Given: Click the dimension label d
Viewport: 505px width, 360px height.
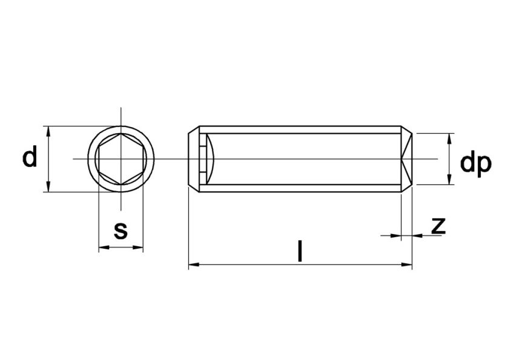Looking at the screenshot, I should point(30,158).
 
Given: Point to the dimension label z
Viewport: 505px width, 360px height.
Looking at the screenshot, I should point(438,226).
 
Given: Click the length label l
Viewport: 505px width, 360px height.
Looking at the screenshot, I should point(299,251).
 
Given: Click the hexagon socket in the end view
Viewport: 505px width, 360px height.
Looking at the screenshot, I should point(121,159).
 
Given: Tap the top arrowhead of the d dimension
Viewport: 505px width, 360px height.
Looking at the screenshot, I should point(47,131).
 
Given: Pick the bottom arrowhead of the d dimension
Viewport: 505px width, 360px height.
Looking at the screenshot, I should point(47,188).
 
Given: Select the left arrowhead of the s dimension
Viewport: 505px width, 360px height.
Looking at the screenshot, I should point(103,247).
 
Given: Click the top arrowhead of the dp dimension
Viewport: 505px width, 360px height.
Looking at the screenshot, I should point(449,137).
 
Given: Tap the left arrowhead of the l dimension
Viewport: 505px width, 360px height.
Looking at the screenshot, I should point(193,264).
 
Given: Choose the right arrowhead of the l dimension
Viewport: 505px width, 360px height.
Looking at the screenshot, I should point(408,264).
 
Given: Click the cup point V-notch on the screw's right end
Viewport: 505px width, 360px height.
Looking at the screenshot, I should point(406,159).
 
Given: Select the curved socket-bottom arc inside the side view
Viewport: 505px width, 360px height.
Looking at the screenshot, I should point(214,159).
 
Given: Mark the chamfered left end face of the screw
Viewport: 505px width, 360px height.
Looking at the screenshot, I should point(193,159).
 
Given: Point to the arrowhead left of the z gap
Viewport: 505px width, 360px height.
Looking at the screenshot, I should point(397,235).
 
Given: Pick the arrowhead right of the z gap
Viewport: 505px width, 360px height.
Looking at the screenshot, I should point(417,235).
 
